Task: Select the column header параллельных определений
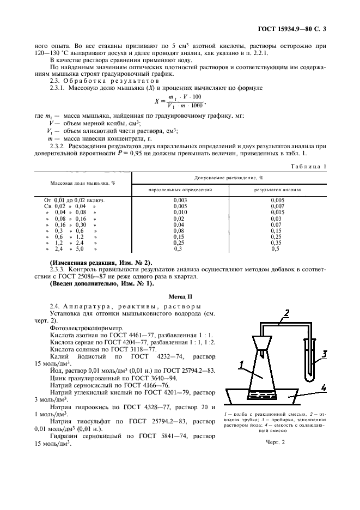point(180,190)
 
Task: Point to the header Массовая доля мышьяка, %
point(83,183)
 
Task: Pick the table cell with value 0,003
point(180,201)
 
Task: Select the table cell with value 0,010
point(180,212)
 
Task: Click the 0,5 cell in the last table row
point(277,248)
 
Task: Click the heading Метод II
point(180,297)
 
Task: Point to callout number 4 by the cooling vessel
point(324,388)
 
